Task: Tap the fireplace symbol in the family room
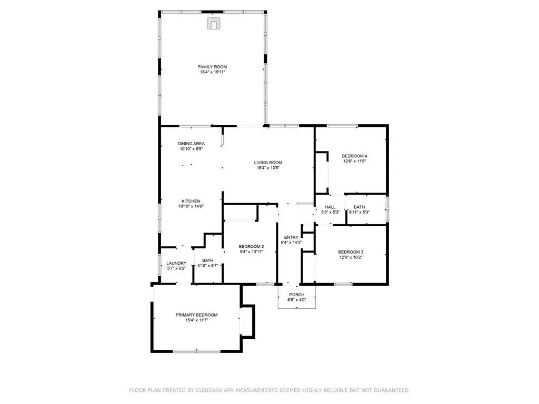pos(214,24)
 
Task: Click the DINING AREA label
pos(191,144)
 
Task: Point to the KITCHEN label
pos(191,201)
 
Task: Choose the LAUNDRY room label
pos(176,264)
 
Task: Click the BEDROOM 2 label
pos(251,247)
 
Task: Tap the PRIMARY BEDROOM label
pos(196,315)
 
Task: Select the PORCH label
pos(297,295)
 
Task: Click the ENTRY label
pos(292,237)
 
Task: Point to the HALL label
pos(330,207)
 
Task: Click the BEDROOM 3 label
pos(351,252)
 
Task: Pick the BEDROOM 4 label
pos(354,156)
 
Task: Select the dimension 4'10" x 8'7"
pos(207,266)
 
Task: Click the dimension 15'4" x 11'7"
pos(196,320)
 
